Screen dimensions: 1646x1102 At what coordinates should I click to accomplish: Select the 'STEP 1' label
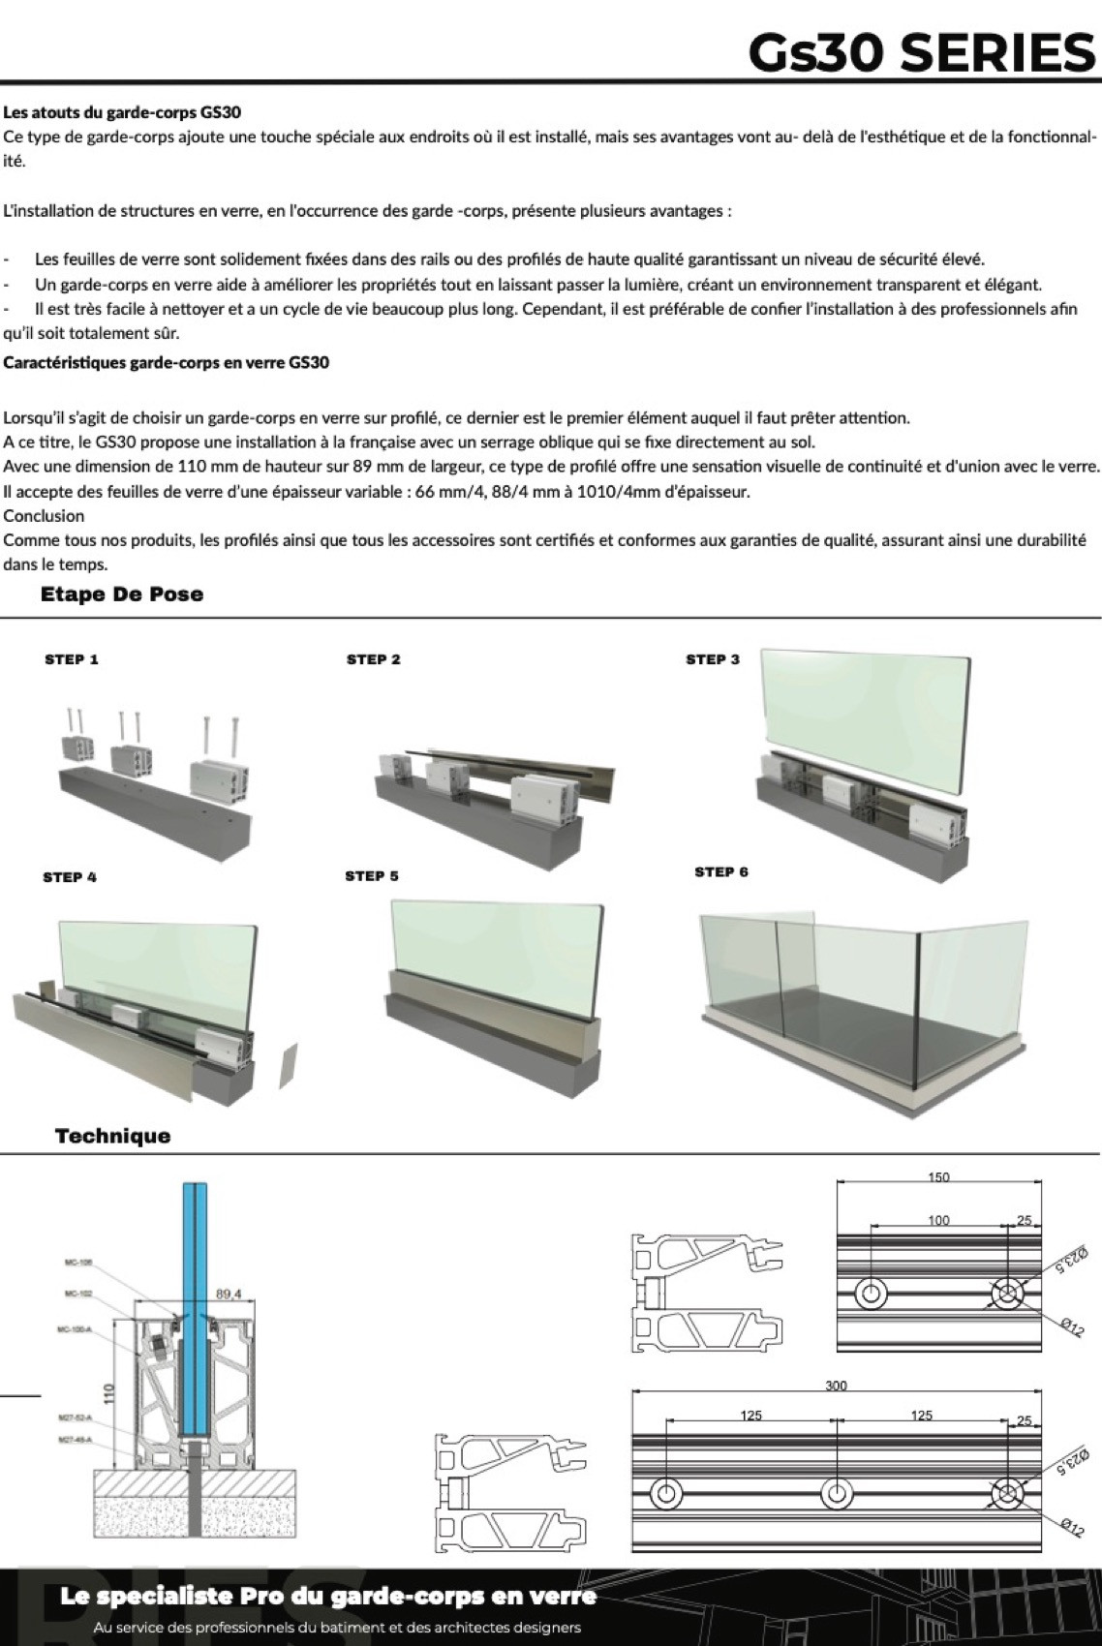tap(72, 659)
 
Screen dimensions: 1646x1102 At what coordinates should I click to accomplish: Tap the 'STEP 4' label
tap(70, 877)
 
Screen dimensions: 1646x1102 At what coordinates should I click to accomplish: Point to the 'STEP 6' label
tap(721, 871)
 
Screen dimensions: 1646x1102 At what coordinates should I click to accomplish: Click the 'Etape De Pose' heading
tap(122, 594)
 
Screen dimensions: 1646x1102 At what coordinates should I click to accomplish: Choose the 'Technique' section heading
tap(112, 1136)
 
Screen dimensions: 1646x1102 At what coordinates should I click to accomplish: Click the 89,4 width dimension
tap(229, 1293)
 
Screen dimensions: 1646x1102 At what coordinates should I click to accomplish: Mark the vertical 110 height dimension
tap(109, 1393)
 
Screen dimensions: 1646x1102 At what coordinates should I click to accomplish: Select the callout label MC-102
tap(78, 1294)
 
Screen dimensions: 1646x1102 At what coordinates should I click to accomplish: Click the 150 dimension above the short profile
tap(938, 1177)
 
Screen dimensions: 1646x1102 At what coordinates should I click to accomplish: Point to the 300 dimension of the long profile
tap(836, 1386)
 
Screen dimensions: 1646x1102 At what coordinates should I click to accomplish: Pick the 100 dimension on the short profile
tap(938, 1220)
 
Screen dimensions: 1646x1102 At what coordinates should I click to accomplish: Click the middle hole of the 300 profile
tap(837, 1493)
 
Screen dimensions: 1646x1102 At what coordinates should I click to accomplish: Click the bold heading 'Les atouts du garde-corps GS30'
tap(122, 112)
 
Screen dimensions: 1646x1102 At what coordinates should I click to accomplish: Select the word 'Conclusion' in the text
tap(44, 515)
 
